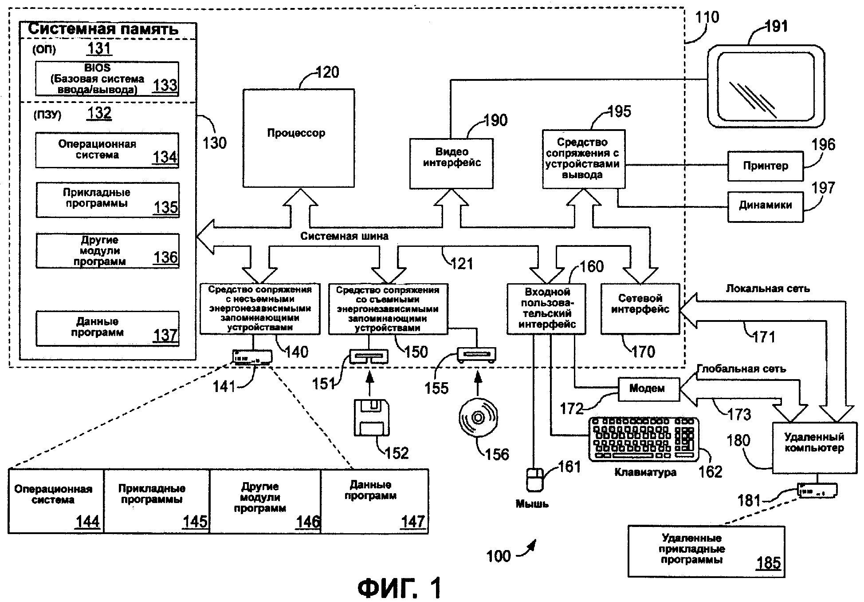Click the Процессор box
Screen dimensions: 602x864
click(298, 138)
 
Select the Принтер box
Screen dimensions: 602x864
click(765, 166)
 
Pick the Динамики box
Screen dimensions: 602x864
click(765, 206)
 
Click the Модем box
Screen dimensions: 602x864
click(648, 389)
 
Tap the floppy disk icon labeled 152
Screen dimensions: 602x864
click(372, 417)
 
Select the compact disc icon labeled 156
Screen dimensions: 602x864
click(478, 417)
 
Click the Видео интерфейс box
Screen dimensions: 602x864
click(451, 163)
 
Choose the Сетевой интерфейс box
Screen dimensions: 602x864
click(640, 309)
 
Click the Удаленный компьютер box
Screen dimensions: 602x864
click(814, 447)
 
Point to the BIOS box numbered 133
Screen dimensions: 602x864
click(107, 79)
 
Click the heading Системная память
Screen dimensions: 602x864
click(103, 29)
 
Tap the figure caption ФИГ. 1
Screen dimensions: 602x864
click(400, 588)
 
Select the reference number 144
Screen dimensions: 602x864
click(87, 521)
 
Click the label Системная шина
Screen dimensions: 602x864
click(344, 236)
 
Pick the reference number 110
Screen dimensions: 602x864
click(707, 18)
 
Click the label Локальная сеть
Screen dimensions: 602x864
click(768, 289)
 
